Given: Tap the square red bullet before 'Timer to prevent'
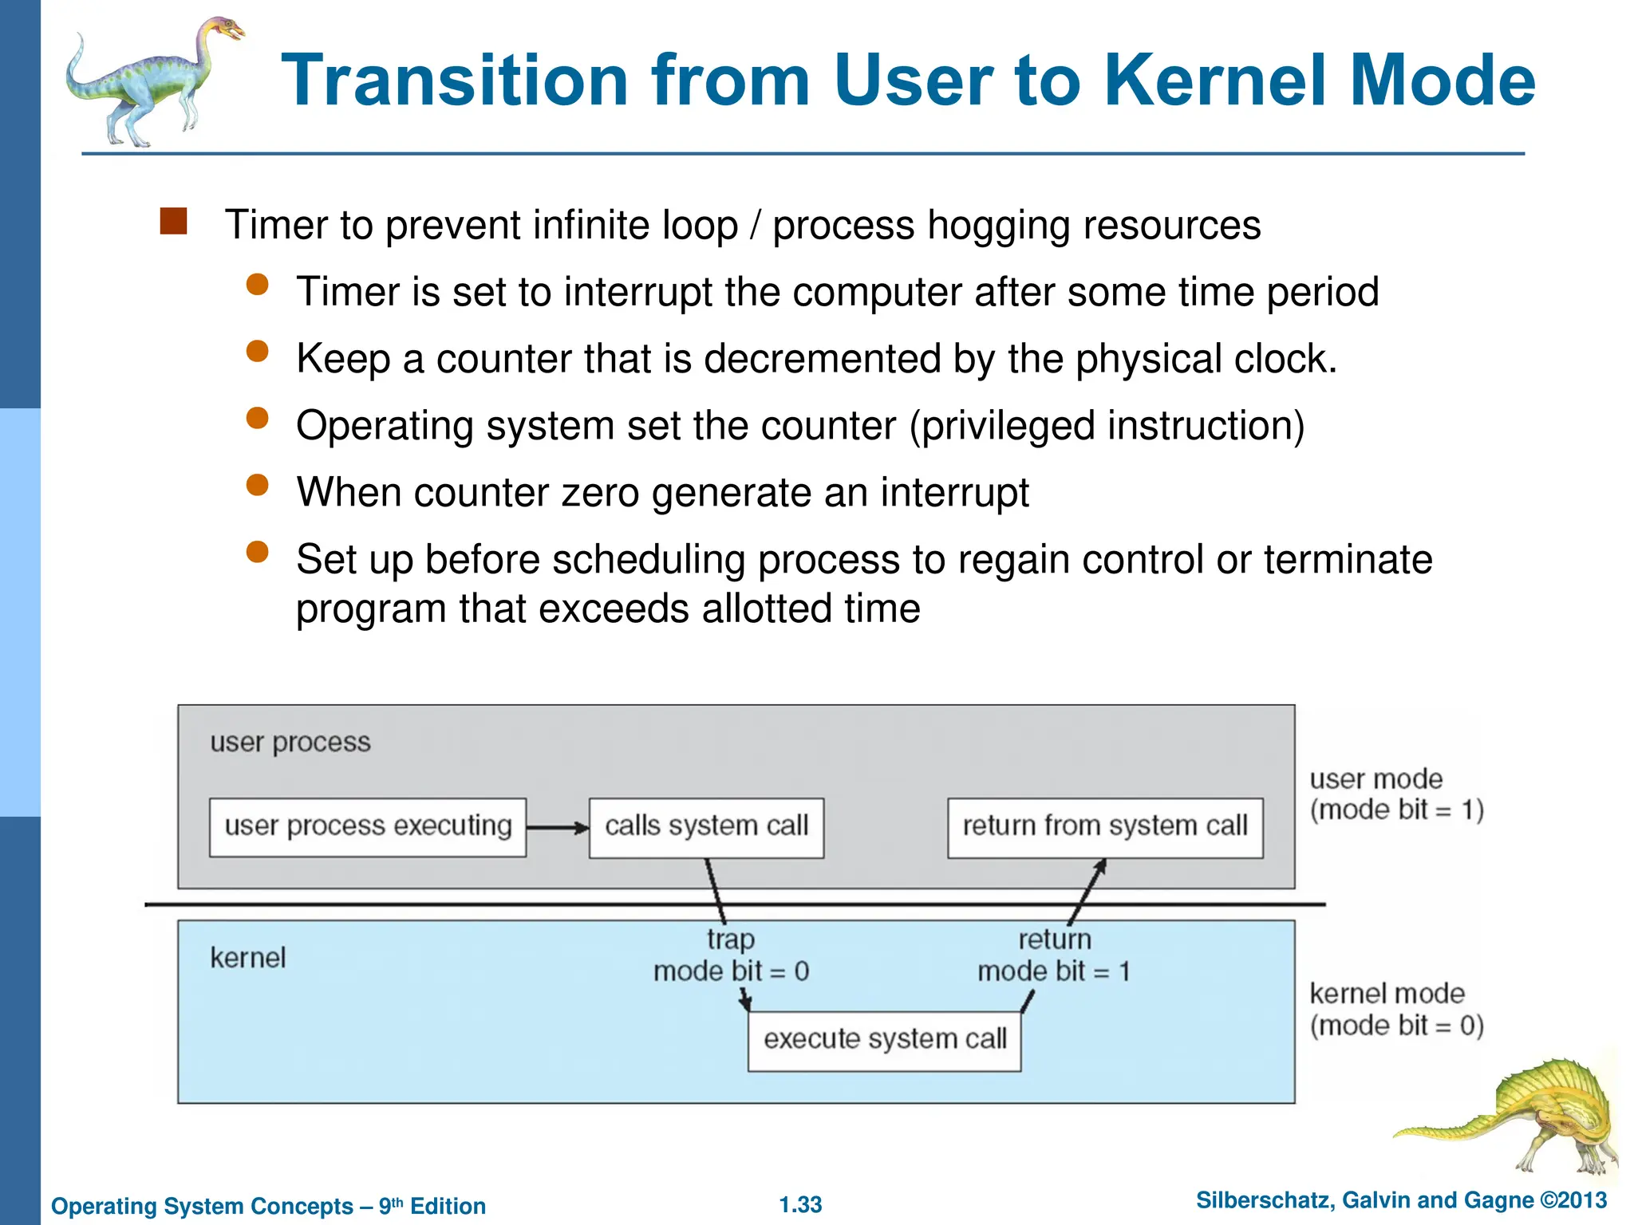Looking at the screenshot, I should pyautogui.click(x=173, y=222).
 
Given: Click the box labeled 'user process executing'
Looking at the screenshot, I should pyautogui.click(x=368, y=827).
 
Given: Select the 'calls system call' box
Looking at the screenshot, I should pyautogui.click(x=706, y=827).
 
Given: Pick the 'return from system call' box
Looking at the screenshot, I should pyautogui.click(x=1105, y=827).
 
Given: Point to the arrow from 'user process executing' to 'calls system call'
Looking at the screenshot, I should pyautogui.click(x=557, y=828).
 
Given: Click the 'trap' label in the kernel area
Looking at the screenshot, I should pyautogui.click(x=730, y=939).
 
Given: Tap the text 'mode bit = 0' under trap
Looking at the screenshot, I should pyautogui.click(x=731, y=971).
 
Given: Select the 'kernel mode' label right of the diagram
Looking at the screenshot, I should pyautogui.click(x=1387, y=994).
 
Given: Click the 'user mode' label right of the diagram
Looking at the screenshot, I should pyautogui.click(x=1376, y=779).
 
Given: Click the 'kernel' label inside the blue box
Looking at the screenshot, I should pyautogui.click(x=247, y=958).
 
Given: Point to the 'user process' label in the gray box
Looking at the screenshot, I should pyautogui.click(x=290, y=742).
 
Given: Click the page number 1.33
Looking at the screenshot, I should pyautogui.click(x=800, y=1204).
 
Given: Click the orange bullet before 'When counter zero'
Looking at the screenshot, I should pyautogui.click(x=257, y=485).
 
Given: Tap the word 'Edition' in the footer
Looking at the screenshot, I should pyautogui.click(x=448, y=1206).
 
